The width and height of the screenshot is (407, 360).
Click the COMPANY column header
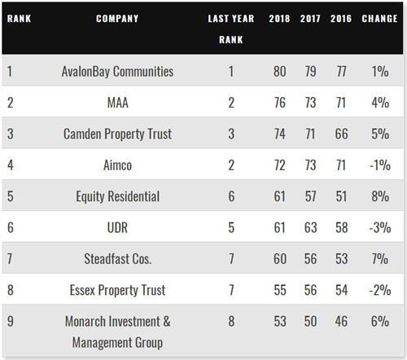(x=117, y=19)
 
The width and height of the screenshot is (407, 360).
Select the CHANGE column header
(x=379, y=19)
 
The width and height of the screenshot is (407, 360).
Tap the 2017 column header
(x=310, y=19)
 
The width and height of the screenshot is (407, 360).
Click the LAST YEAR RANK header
(x=231, y=29)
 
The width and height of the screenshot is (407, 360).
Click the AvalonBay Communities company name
(x=117, y=72)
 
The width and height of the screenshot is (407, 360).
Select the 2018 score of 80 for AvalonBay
(x=280, y=72)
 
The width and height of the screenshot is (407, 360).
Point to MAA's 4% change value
(x=380, y=103)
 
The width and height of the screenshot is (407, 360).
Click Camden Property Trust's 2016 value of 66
(x=341, y=134)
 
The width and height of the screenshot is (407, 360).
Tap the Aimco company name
(x=117, y=165)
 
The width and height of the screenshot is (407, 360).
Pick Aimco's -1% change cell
(x=380, y=165)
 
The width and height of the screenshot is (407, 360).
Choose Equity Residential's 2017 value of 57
(x=310, y=196)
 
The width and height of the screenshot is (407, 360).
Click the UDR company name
(x=117, y=227)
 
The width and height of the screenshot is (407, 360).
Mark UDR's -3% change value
(x=380, y=227)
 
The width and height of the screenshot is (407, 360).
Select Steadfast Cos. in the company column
(x=118, y=259)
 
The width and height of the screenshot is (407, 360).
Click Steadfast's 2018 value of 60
(x=280, y=259)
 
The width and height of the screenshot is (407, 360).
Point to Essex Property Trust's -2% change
(x=380, y=290)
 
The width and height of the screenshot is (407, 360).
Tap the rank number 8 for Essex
(x=11, y=290)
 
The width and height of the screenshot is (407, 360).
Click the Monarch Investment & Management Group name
(x=118, y=331)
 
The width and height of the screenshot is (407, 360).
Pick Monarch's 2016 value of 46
(x=341, y=321)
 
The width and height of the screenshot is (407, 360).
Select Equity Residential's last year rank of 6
(x=231, y=196)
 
